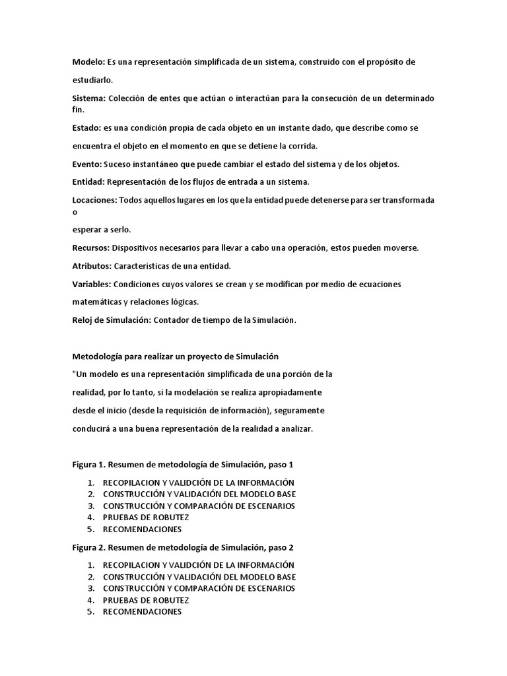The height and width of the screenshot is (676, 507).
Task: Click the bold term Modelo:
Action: tap(88, 61)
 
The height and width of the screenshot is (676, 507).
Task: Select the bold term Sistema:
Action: tap(89, 98)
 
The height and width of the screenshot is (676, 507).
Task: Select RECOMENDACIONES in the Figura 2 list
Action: tap(142, 612)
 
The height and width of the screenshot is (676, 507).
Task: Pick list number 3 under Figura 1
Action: tap(90, 506)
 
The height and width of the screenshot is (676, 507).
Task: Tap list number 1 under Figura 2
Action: tap(90, 564)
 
